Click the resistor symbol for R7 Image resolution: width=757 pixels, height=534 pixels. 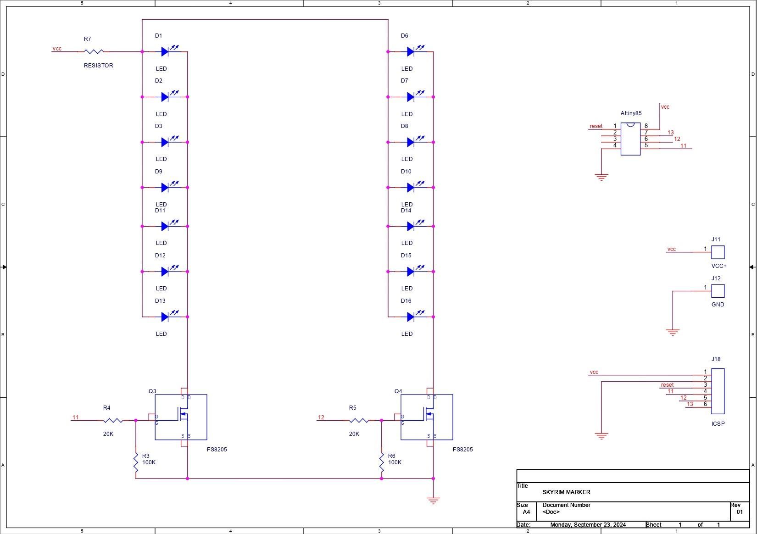(94, 52)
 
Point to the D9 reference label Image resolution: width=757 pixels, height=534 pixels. (158, 172)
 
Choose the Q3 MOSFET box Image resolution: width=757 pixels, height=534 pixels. (181, 417)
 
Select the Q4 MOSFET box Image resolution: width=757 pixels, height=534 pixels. (427, 417)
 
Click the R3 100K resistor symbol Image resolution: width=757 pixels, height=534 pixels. (136, 463)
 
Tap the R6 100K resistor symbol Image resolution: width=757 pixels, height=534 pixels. (382, 463)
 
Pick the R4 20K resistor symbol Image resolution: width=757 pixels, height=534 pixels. (113, 420)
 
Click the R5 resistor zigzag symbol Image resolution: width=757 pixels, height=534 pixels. (359, 420)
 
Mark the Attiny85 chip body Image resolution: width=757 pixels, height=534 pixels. (631, 139)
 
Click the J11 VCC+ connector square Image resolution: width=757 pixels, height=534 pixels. (718, 252)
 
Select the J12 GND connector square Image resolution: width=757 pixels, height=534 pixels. (718, 291)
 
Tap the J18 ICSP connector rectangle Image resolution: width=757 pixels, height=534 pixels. (718, 391)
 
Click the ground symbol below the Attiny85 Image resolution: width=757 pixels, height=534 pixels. (601, 178)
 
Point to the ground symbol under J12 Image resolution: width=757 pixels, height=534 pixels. (673, 333)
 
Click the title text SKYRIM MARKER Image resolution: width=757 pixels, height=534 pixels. (567, 492)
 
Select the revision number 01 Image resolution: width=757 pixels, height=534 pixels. (740, 512)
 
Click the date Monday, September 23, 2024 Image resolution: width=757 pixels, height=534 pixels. (588, 524)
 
